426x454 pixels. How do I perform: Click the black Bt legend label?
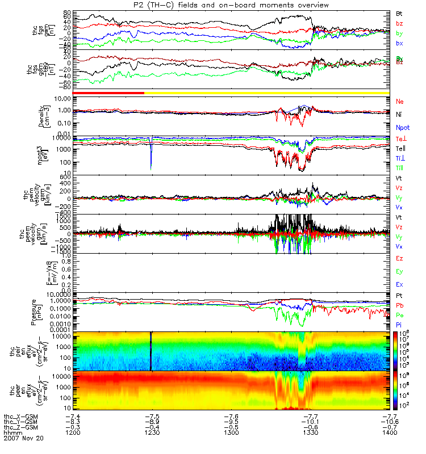point(399,12)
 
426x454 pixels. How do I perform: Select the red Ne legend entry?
point(399,101)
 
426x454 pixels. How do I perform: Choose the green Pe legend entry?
point(399,314)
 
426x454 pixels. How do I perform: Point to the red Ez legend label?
point(399,259)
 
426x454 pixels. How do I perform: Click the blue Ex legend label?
point(399,284)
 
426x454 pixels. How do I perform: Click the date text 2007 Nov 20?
point(23,439)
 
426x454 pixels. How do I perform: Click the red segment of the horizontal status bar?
point(108,93)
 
